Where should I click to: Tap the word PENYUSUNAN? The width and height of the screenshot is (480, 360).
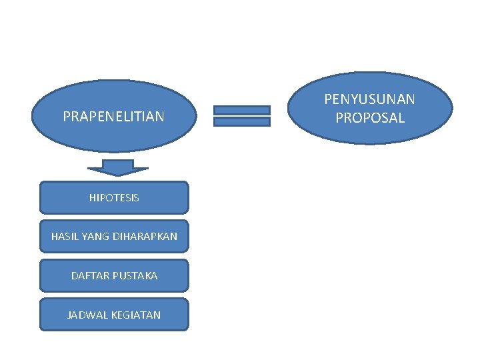[x=369, y=99]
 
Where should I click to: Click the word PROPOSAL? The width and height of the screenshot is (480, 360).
[x=370, y=118]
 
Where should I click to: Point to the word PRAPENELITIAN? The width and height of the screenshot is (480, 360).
[x=113, y=117]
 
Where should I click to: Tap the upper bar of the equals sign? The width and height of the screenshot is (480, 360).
[x=241, y=110]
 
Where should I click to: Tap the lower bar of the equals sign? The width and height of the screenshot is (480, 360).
[x=241, y=122]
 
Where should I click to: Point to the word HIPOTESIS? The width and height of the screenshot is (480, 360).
[x=114, y=198]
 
